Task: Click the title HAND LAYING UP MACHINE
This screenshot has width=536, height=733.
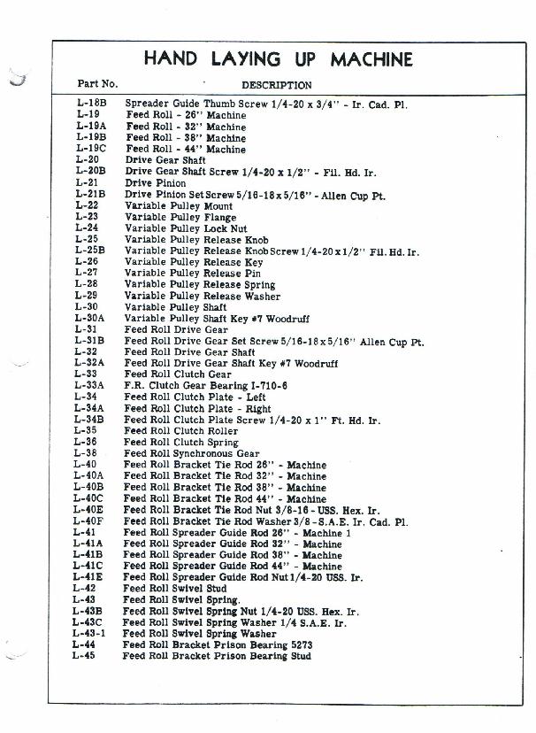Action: point(278,59)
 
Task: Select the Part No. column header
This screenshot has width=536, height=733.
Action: point(97,85)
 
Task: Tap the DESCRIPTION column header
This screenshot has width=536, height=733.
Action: point(276,86)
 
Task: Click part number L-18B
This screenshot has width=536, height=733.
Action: point(91,104)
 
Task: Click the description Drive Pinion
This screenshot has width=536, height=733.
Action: point(156,183)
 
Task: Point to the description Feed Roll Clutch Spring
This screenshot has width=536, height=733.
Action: point(180,443)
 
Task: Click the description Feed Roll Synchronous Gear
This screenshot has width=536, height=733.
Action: point(191,454)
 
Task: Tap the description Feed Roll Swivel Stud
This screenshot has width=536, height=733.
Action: point(174,589)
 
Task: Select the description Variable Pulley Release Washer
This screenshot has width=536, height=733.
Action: point(203,296)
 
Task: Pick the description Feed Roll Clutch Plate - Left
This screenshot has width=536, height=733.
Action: point(195,397)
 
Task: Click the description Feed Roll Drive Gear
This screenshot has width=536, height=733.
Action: point(176,329)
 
